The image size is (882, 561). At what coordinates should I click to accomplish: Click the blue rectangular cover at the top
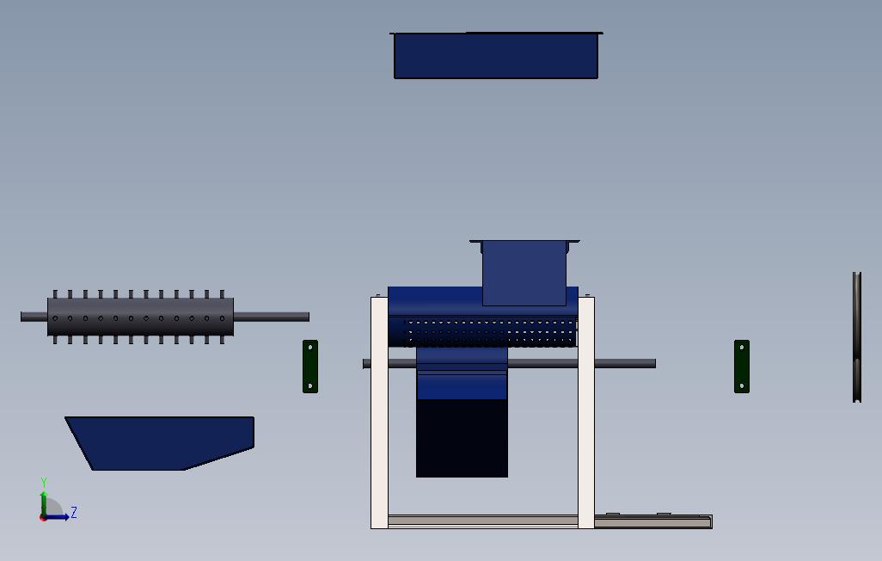pos(495,56)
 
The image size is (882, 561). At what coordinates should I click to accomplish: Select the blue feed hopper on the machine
pos(524,272)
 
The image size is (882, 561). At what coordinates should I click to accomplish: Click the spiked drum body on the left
pos(140,317)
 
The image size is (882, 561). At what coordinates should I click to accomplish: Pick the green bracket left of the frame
pos(310,367)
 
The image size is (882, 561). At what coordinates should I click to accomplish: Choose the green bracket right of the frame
pos(742,367)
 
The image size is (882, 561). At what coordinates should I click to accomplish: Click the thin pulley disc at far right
pos(857,336)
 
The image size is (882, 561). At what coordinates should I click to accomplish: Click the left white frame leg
pos(379,413)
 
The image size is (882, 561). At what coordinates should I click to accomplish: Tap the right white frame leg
pos(586,413)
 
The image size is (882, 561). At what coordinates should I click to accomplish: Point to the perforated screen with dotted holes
pos(490,332)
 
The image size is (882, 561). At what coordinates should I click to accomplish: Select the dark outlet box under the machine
pos(462,438)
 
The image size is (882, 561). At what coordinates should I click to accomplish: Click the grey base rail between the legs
pos(482,521)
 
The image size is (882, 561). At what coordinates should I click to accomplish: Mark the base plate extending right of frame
pos(653,521)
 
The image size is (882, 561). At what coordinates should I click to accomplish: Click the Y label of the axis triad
pos(44,483)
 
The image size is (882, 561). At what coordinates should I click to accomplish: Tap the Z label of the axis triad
pos(74,512)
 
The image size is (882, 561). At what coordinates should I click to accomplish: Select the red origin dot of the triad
pos(43,518)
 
